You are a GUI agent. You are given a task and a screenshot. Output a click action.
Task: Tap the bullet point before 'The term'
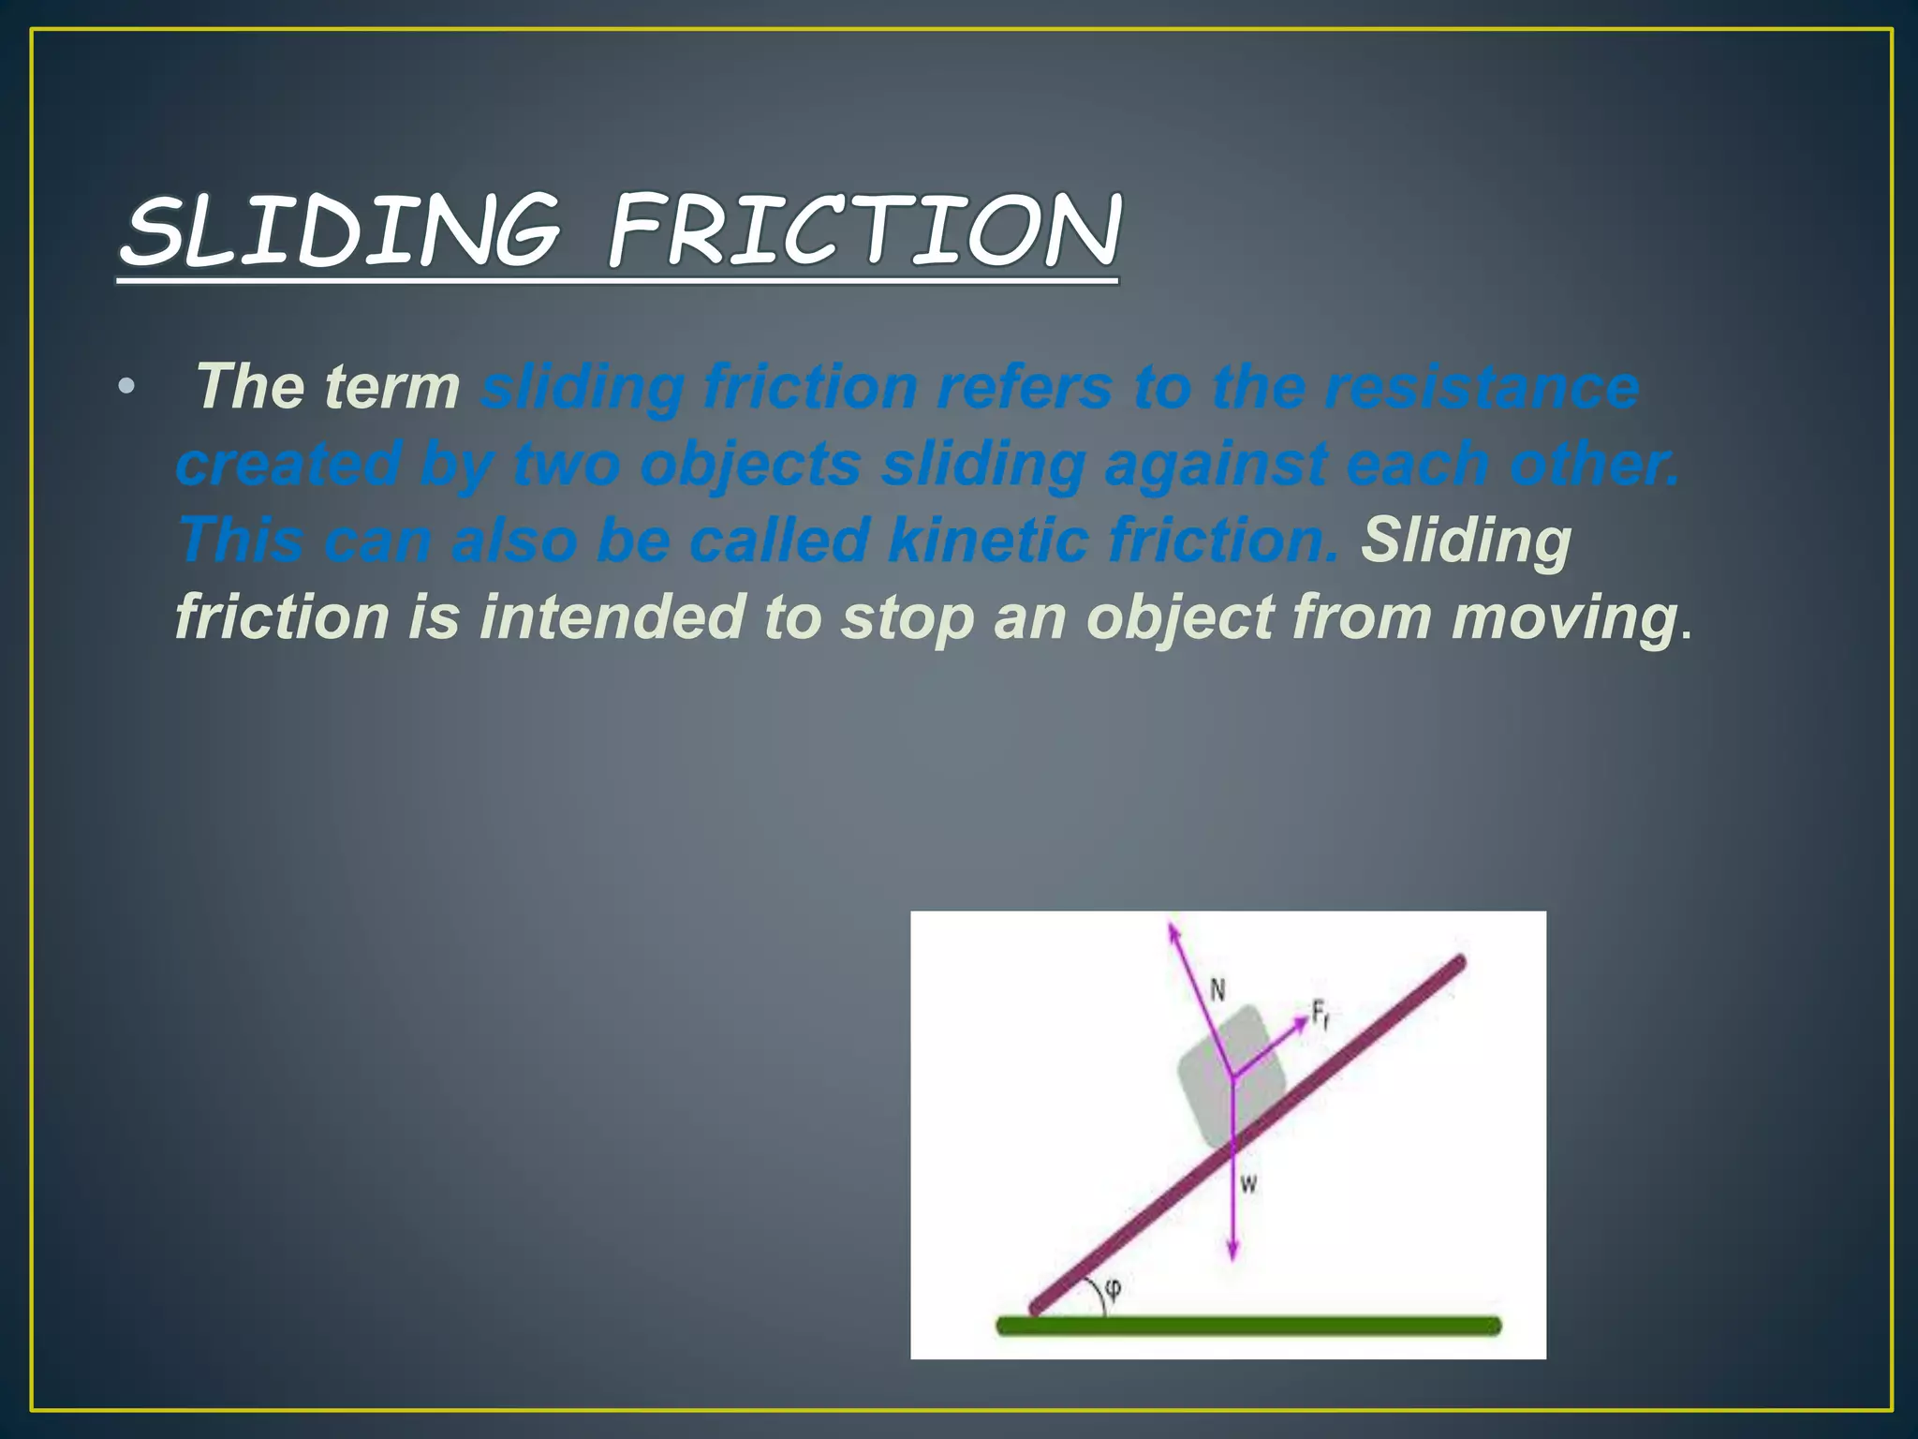tap(127, 387)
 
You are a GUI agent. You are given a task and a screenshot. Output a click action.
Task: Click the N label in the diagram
tap(1217, 990)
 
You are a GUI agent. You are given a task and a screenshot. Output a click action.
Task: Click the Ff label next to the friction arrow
tap(1320, 1015)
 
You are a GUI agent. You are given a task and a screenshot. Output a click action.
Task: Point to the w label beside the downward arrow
tap(1248, 1185)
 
